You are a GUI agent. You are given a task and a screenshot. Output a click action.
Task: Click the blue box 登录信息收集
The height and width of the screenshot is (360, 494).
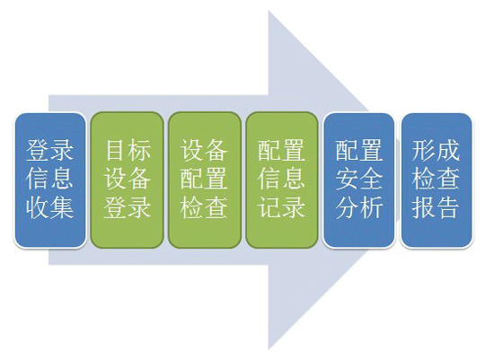(x=50, y=180)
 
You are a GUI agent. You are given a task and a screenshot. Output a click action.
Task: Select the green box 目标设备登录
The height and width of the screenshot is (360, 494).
(x=127, y=180)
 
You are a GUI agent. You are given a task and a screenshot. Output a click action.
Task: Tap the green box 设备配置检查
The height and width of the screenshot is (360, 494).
(x=205, y=180)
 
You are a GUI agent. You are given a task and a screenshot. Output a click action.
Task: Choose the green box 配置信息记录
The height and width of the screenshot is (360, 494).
(x=282, y=180)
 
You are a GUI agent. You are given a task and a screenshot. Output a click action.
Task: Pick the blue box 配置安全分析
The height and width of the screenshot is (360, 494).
(x=359, y=180)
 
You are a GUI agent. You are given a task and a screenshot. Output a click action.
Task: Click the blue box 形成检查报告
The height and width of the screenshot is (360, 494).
(x=437, y=180)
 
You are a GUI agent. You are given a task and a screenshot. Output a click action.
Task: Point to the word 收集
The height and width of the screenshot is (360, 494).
(x=49, y=208)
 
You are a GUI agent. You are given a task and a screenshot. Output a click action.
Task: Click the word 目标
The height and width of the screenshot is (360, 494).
(x=128, y=150)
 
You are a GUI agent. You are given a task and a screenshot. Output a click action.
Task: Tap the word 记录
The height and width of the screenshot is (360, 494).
(x=281, y=208)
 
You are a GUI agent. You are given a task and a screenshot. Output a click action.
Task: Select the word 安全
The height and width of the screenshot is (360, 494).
(x=359, y=179)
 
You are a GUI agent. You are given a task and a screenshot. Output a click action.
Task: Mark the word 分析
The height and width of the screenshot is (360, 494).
(x=359, y=208)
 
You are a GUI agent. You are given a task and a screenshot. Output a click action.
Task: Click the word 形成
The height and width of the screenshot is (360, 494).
(x=436, y=150)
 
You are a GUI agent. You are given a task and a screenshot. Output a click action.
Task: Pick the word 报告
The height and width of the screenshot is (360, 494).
(x=436, y=208)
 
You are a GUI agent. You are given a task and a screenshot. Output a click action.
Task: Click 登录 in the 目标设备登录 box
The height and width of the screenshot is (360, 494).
(x=128, y=208)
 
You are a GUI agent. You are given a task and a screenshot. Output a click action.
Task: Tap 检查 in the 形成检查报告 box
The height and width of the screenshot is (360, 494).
(x=436, y=179)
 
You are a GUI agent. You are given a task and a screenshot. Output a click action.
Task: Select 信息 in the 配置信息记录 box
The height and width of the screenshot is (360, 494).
(x=281, y=179)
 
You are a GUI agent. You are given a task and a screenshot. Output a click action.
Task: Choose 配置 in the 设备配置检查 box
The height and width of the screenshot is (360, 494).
(x=204, y=179)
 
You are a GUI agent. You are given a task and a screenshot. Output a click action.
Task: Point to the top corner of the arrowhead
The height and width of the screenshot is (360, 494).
(x=269, y=11)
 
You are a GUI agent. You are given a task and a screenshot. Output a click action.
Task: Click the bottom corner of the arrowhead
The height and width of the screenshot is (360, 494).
(x=269, y=349)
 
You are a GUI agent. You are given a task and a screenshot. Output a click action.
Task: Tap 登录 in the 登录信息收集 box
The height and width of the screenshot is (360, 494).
(x=49, y=150)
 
